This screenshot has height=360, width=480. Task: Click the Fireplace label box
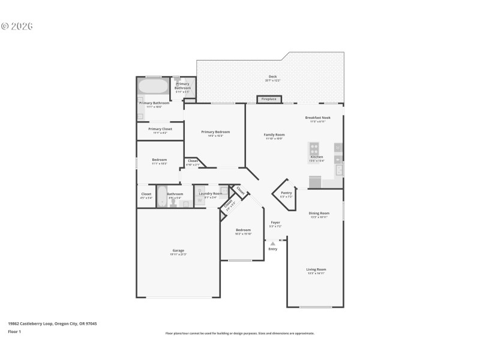(x=269, y=99)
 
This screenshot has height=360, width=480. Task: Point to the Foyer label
(x=275, y=224)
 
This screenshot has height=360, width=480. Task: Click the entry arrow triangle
(x=273, y=244)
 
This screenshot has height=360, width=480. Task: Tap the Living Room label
(x=316, y=271)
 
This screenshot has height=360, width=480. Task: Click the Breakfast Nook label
(x=317, y=119)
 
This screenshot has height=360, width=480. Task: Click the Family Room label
(x=274, y=136)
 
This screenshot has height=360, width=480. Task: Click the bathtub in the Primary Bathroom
(x=154, y=86)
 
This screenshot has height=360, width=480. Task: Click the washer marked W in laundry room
(x=200, y=200)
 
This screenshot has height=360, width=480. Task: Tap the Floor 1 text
(x=14, y=331)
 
